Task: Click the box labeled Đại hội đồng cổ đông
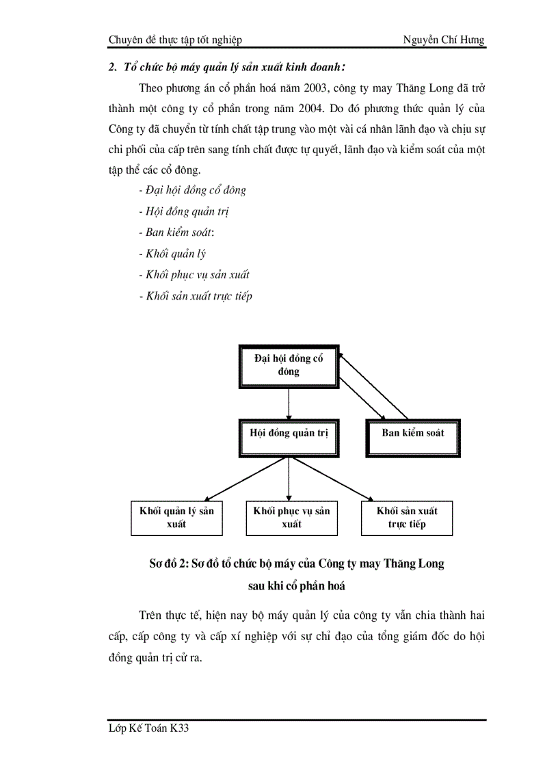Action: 289,365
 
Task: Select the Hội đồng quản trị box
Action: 289,434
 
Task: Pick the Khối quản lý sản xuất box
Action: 176,518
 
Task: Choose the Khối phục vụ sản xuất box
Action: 291,518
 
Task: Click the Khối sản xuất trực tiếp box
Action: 407,518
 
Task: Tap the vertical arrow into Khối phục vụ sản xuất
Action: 289,479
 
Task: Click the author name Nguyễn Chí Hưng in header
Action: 444,40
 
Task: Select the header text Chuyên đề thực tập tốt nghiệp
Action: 175,40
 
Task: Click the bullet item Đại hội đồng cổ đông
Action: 194,190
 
